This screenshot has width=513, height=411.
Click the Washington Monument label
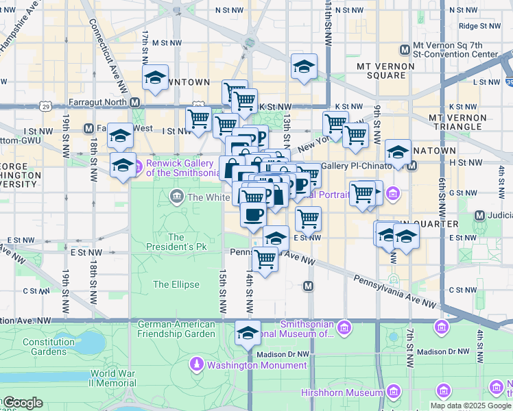[247, 364]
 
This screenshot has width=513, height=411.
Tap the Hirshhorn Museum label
[342, 393]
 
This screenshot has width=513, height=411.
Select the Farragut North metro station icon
[135, 102]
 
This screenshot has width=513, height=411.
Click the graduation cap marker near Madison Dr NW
[248, 334]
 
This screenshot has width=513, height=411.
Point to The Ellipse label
[176, 284]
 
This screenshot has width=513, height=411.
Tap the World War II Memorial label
[112, 378]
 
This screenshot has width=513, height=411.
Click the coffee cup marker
[253, 214]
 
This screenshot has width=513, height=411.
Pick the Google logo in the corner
[22, 403]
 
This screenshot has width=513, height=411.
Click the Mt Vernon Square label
[385, 71]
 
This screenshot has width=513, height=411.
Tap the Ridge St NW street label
[479, 26]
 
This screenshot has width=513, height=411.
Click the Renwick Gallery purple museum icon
[136, 165]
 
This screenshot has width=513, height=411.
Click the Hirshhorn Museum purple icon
[393, 392]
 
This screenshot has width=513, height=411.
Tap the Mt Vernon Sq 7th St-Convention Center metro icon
[405, 49]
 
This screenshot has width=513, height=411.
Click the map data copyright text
[470, 406]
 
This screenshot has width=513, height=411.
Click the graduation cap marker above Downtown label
[156, 78]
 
